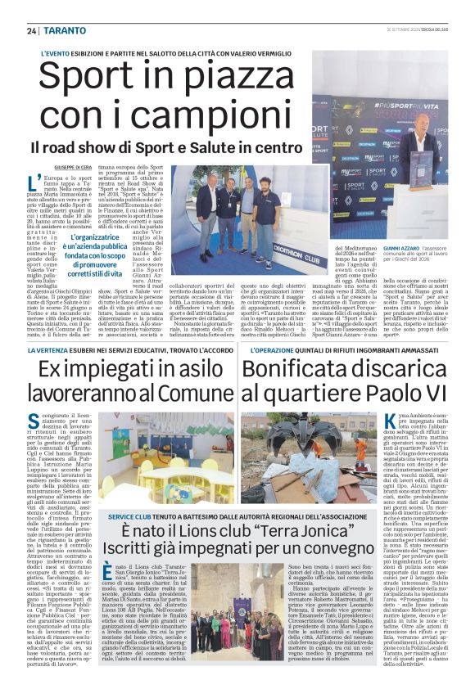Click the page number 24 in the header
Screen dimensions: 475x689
31,31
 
